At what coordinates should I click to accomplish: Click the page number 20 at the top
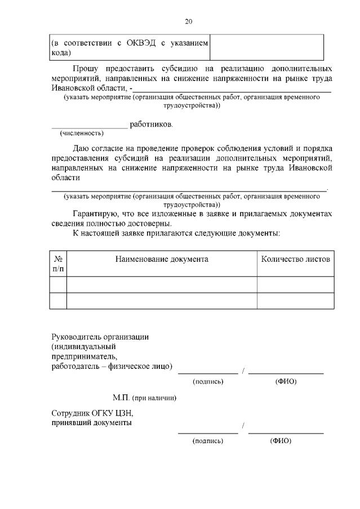pyautogui.click(x=189, y=22)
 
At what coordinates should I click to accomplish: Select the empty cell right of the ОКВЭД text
pyautogui.click(x=266, y=47)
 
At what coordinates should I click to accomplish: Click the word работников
pyautogui.click(x=152, y=124)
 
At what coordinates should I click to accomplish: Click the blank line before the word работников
pyautogui.click(x=90, y=125)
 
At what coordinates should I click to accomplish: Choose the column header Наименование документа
pyautogui.click(x=162, y=259)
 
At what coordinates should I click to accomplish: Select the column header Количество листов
pyautogui.click(x=295, y=259)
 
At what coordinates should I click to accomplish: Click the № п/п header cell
pyautogui.click(x=58, y=264)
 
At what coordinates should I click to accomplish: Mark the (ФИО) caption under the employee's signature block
pyautogui.click(x=281, y=441)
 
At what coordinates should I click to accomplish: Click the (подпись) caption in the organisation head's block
pyautogui.click(x=208, y=382)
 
